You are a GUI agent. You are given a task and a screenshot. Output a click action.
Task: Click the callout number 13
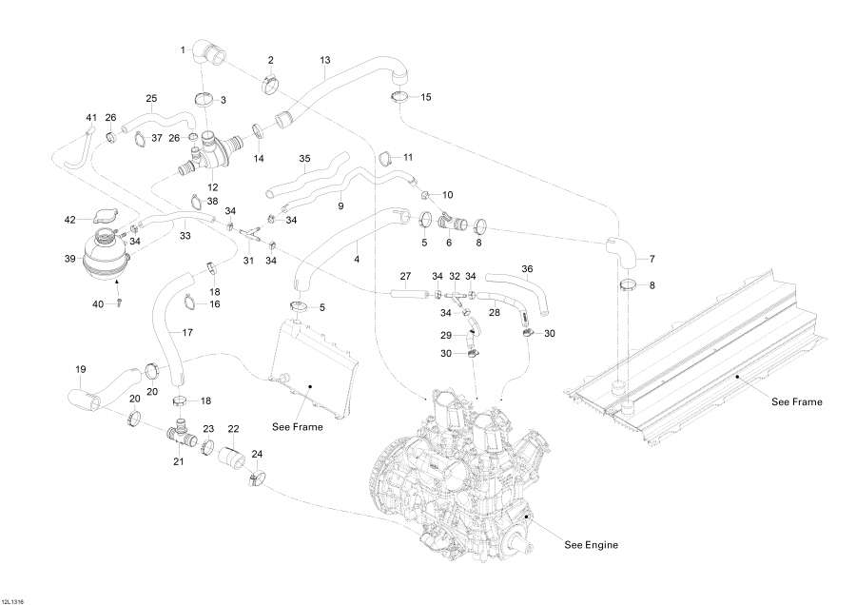324,60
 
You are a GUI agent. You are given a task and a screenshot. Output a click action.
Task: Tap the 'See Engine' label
591,545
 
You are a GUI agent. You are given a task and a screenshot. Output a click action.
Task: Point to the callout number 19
81,368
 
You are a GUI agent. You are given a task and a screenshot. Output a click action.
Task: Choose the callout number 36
528,268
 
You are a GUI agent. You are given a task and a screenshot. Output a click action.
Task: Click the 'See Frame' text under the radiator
297,427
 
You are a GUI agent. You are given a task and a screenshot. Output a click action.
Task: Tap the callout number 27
404,277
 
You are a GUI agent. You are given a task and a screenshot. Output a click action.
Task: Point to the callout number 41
91,117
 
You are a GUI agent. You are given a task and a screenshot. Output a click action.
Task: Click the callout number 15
425,97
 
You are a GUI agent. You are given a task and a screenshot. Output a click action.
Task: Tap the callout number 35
304,158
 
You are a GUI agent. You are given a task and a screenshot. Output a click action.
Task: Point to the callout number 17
186,332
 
